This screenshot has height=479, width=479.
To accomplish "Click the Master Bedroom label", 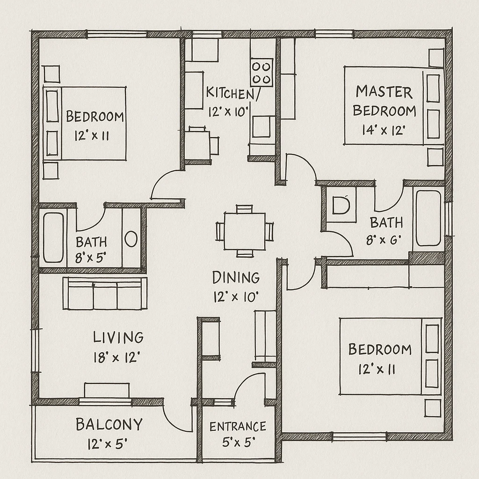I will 384,101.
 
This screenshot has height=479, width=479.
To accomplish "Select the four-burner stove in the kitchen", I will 261,72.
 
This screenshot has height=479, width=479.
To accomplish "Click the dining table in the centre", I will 244,232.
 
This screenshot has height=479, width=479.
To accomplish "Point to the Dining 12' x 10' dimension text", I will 236,297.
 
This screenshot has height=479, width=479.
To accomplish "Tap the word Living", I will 118,337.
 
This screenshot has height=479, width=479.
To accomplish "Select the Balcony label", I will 109,425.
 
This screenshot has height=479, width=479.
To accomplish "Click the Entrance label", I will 238,427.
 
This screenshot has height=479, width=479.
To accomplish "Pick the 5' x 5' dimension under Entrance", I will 238,442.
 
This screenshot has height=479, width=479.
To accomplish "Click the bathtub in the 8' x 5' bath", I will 53,237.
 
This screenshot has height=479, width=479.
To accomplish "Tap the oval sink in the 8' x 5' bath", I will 131,239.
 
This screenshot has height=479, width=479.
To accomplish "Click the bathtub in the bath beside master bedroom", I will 428,218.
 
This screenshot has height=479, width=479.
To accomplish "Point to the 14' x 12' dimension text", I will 383,131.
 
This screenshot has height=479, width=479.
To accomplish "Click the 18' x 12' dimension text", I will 117,358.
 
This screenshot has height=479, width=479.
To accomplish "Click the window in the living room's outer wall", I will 35,350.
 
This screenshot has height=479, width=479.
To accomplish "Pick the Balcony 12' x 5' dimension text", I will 108,443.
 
